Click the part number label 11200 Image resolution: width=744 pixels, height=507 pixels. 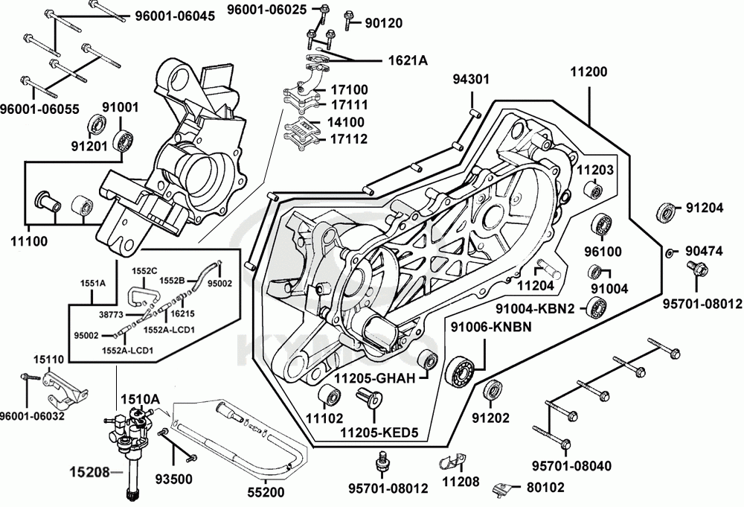tap(589, 73)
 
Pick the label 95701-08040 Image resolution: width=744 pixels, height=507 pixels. tap(571, 466)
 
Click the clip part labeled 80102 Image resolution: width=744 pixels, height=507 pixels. tap(504, 488)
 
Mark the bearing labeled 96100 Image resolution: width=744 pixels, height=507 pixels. tap(601, 224)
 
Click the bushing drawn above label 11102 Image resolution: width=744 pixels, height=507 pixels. tap(328, 396)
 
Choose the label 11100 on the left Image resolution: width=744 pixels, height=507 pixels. tap(28, 240)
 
